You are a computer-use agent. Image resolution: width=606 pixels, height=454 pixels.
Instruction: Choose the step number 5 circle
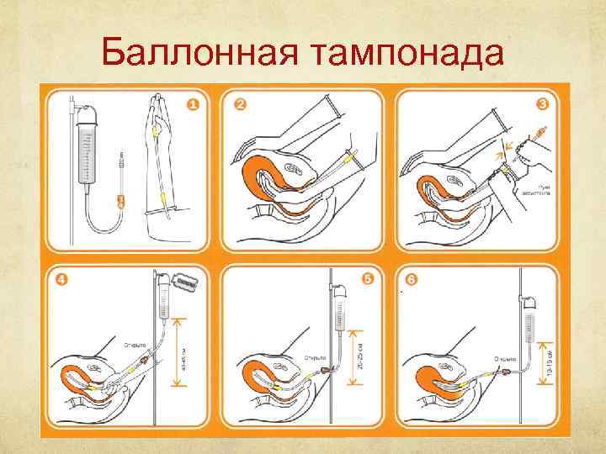point(367,278)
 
